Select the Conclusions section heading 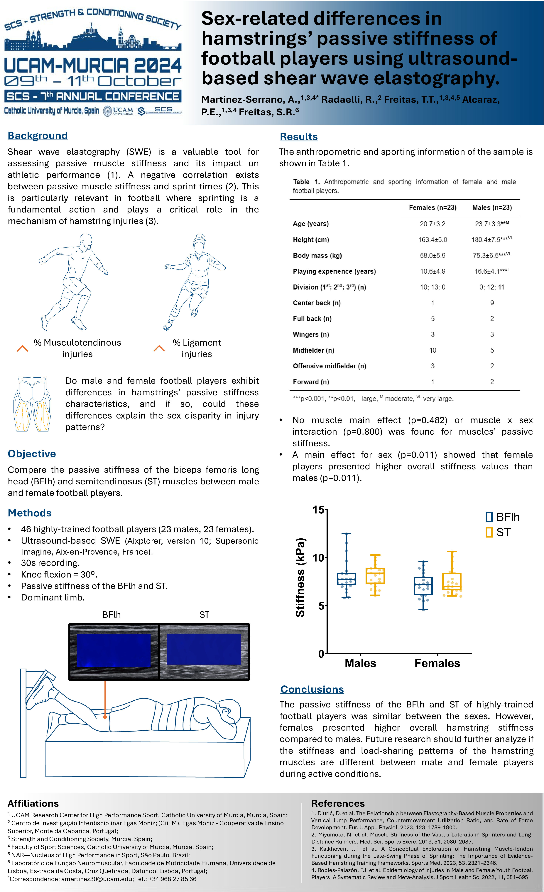[312, 689]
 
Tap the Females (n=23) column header [433, 207]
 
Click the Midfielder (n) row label [313, 350]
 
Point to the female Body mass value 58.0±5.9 [433, 256]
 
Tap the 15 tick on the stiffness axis [318, 510]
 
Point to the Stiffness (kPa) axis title [300, 577]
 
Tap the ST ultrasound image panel [204, 652]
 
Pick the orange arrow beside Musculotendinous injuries [22, 348]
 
